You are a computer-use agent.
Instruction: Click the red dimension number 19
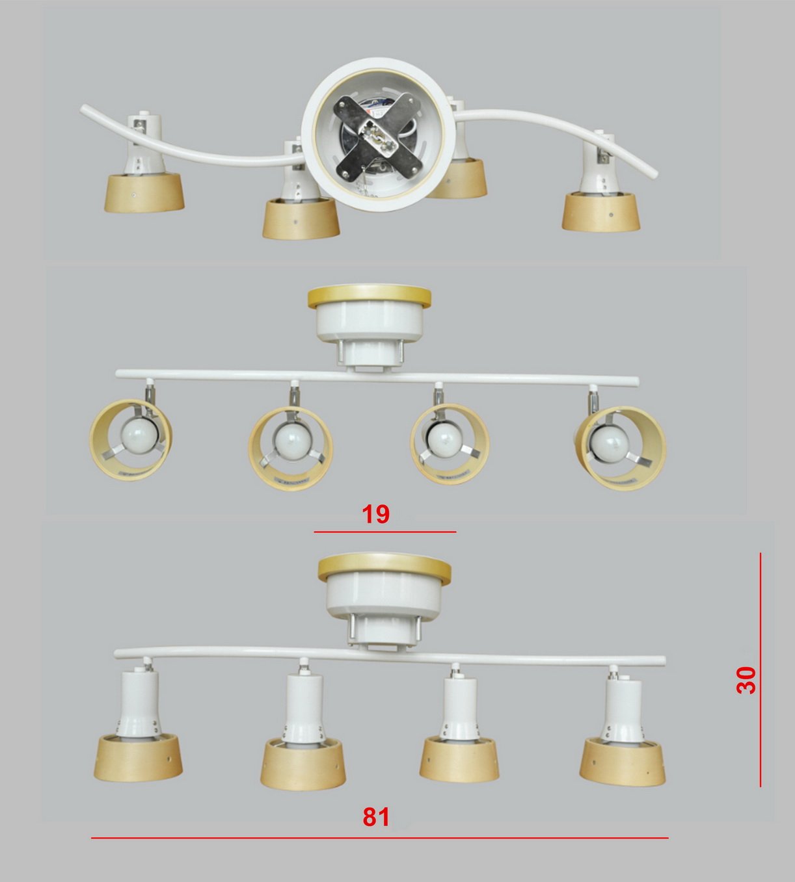pyautogui.click(x=375, y=513)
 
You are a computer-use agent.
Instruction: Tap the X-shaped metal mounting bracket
pyautogui.click(x=379, y=138)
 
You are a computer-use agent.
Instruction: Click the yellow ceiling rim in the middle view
pyautogui.click(x=369, y=297)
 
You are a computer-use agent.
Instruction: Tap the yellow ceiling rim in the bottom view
pyautogui.click(x=384, y=569)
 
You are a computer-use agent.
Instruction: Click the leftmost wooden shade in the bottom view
pyautogui.click(x=138, y=758)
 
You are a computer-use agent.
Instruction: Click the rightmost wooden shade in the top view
pyautogui.click(x=601, y=212)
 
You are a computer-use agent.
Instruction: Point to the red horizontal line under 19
pyautogui.click(x=384, y=532)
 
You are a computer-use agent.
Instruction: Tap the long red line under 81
pyautogui.click(x=379, y=838)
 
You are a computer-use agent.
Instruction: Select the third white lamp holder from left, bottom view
pyautogui.click(x=461, y=708)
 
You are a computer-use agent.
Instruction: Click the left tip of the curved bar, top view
pyautogui.click(x=83, y=108)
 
